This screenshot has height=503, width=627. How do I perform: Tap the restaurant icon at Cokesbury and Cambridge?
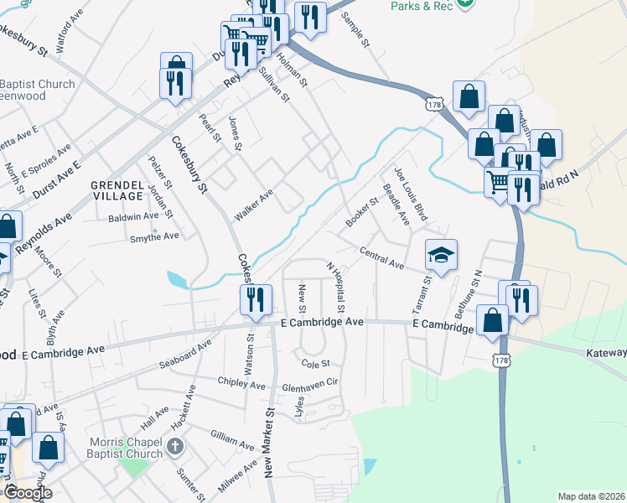click(256, 298)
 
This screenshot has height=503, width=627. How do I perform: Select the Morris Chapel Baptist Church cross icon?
click(175, 445)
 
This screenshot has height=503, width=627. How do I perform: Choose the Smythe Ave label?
click(154, 236)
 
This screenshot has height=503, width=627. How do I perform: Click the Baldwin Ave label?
click(133, 217)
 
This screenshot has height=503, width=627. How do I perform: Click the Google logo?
click(28, 493)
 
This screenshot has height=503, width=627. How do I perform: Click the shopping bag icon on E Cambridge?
click(493, 320)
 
